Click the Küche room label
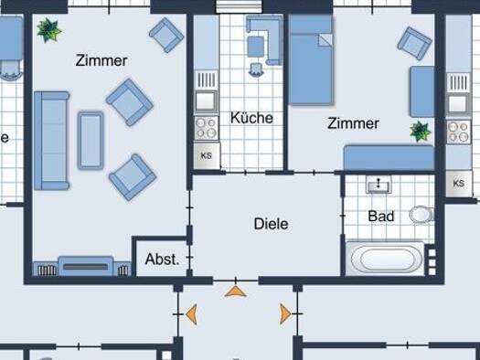(251, 118)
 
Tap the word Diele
(271, 224)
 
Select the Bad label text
(381, 217)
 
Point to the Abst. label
(162, 259)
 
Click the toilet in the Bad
(421, 214)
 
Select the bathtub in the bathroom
(385, 259)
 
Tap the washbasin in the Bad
(379, 185)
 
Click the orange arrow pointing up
(235, 291)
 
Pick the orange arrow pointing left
(191, 314)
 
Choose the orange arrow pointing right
(285, 313)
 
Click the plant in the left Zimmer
(48, 29)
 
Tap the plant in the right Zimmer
(421, 132)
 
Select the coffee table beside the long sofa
(91, 141)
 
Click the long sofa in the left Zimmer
(51, 141)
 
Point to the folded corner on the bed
(325, 40)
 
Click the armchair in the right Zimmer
(414, 43)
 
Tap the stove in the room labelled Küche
(207, 128)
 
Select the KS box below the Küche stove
(207, 155)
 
